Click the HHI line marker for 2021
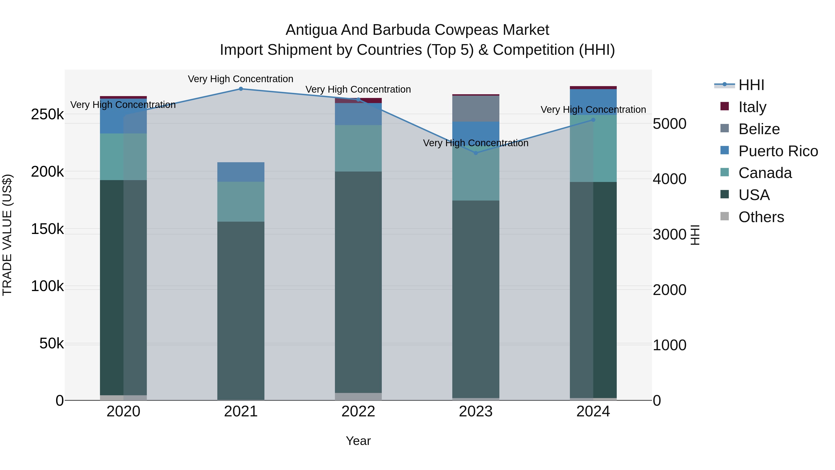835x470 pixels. [x=241, y=89]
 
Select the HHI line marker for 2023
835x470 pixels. [x=475, y=153]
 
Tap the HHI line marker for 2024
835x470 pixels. [x=593, y=120]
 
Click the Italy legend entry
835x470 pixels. [x=752, y=107]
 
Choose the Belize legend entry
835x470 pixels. [x=759, y=129]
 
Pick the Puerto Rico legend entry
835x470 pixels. [x=778, y=151]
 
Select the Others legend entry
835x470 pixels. [x=761, y=217]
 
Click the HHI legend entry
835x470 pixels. [x=751, y=85]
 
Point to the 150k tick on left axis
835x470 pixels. [x=47, y=229]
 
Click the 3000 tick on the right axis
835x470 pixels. [x=669, y=234]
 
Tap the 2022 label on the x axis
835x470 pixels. [x=358, y=412]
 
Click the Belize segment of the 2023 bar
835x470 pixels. [x=475, y=108]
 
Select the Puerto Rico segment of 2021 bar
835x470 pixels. [x=241, y=172]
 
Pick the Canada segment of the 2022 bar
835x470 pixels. [x=358, y=148]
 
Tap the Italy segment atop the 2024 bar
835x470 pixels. [x=593, y=88]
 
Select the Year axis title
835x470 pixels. [x=358, y=441]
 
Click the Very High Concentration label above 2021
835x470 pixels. [x=241, y=79]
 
